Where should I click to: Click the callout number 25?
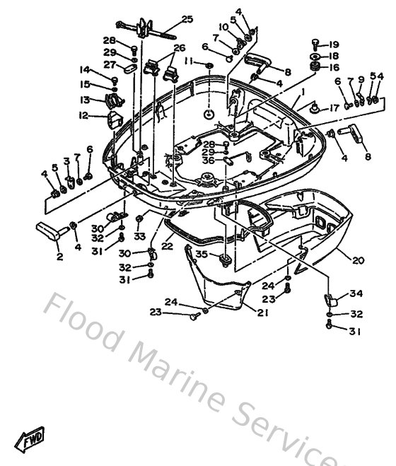[187, 18]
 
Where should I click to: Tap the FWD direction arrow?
[33, 442]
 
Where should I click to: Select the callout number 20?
[359, 260]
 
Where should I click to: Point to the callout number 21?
[262, 313]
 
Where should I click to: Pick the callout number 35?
[202, 254]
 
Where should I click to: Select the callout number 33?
[140, 236]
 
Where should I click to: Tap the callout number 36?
[207, 160]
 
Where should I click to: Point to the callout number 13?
[85, 100]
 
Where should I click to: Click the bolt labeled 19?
[316, 44]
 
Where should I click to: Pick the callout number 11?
[189, 62]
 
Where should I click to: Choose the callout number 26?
[179, 48]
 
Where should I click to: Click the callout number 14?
[85, 69]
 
